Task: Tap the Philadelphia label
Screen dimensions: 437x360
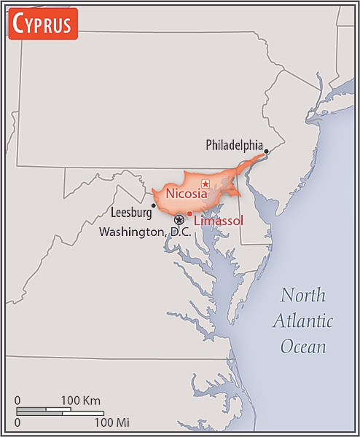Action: (234, 145)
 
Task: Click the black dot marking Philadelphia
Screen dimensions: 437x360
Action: (267, 151)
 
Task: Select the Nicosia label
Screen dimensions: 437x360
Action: (187, 194)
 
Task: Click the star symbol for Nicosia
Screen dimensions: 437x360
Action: (206, 184)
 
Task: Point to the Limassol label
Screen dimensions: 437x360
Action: (219, 220)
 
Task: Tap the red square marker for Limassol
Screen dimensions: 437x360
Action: (189, 213)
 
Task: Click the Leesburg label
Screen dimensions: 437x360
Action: (130, 213)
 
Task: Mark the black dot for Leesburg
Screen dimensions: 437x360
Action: (153, 205)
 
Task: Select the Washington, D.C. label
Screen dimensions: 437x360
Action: (145, 232)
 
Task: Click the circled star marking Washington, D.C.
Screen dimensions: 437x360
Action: (179, 219)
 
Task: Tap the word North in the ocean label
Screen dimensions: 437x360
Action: (305, 296)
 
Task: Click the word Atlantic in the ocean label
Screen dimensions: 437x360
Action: (303, 321)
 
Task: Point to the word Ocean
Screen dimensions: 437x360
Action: (303, 346)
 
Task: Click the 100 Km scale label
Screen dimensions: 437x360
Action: (80, 401)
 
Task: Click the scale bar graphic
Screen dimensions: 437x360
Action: (58, 411)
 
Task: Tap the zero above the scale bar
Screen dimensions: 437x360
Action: (17, 401)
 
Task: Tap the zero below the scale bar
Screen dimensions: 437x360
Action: (17, 422)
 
